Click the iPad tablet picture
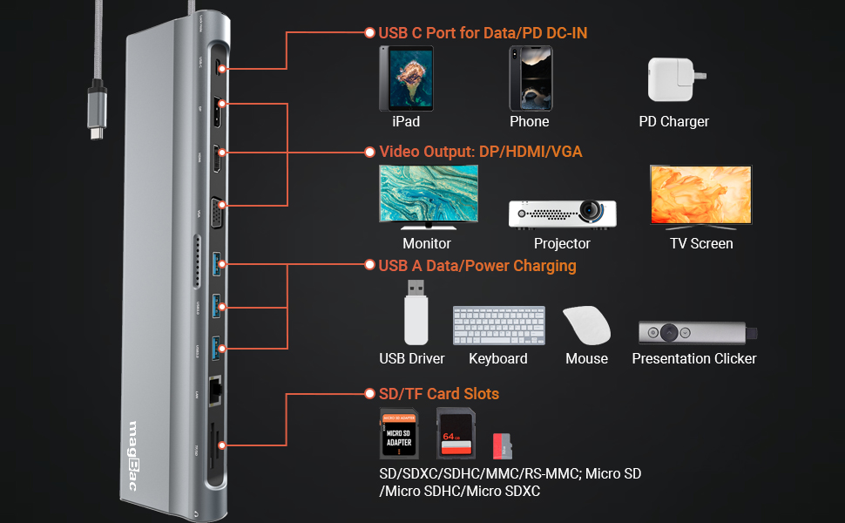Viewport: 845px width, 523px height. click(406, 78)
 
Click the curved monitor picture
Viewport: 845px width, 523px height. click(428, 196)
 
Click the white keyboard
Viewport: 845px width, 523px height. click(498, 325)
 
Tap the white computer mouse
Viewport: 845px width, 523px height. click(585, 325)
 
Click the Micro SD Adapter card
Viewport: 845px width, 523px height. click(398, 434)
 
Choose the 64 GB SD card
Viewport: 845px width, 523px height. click(455, 433)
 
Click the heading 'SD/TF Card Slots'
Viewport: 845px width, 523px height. click(438, 394)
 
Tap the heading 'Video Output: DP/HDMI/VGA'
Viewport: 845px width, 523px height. click(480, 152)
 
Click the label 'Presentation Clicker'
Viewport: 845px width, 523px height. click(693, 358)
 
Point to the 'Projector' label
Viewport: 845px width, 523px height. click(562, 244)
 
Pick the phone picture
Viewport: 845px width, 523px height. click(530, 78)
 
